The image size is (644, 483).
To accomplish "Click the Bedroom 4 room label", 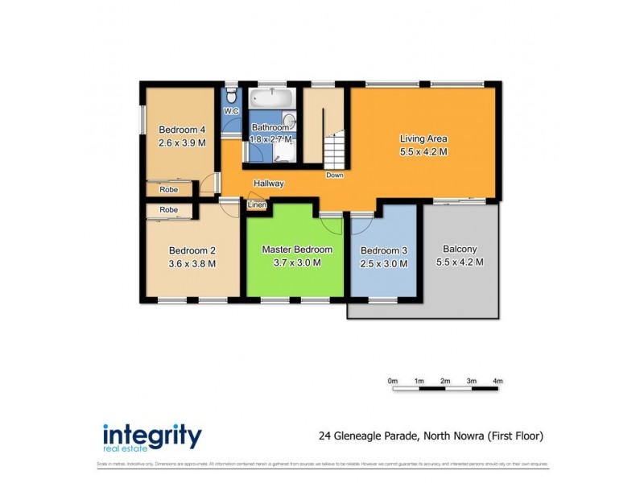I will [182, 130].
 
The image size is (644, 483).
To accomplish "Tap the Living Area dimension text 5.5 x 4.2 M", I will [423, 151].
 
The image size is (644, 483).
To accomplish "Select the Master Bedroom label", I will [297, 250].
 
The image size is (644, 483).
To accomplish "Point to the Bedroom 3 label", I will [383, 250].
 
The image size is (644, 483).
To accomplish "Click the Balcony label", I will [460, 249].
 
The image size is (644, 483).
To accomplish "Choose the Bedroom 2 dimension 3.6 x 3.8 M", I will [192, 263].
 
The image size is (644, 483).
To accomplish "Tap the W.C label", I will [231, 111].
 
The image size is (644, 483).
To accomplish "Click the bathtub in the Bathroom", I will [271, 100].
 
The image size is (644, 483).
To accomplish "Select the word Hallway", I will [268, 184].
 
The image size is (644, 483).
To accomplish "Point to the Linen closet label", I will [256, 204].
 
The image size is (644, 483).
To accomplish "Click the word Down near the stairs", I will [334, 175].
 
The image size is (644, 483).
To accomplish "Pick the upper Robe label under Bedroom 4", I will [168, 190].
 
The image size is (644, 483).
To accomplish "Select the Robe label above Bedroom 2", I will [168, 209].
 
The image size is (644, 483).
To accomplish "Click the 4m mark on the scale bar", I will [497, 381].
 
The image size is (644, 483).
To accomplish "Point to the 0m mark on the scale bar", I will [393, 381].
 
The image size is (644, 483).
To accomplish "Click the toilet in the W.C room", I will [231, 93].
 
